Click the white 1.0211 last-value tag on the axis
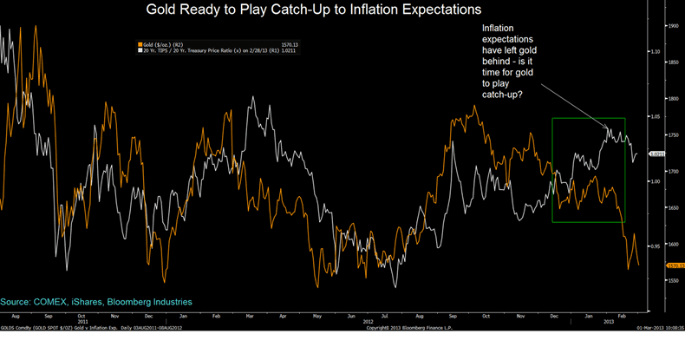[656, 154]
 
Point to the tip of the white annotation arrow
[608, 131]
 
